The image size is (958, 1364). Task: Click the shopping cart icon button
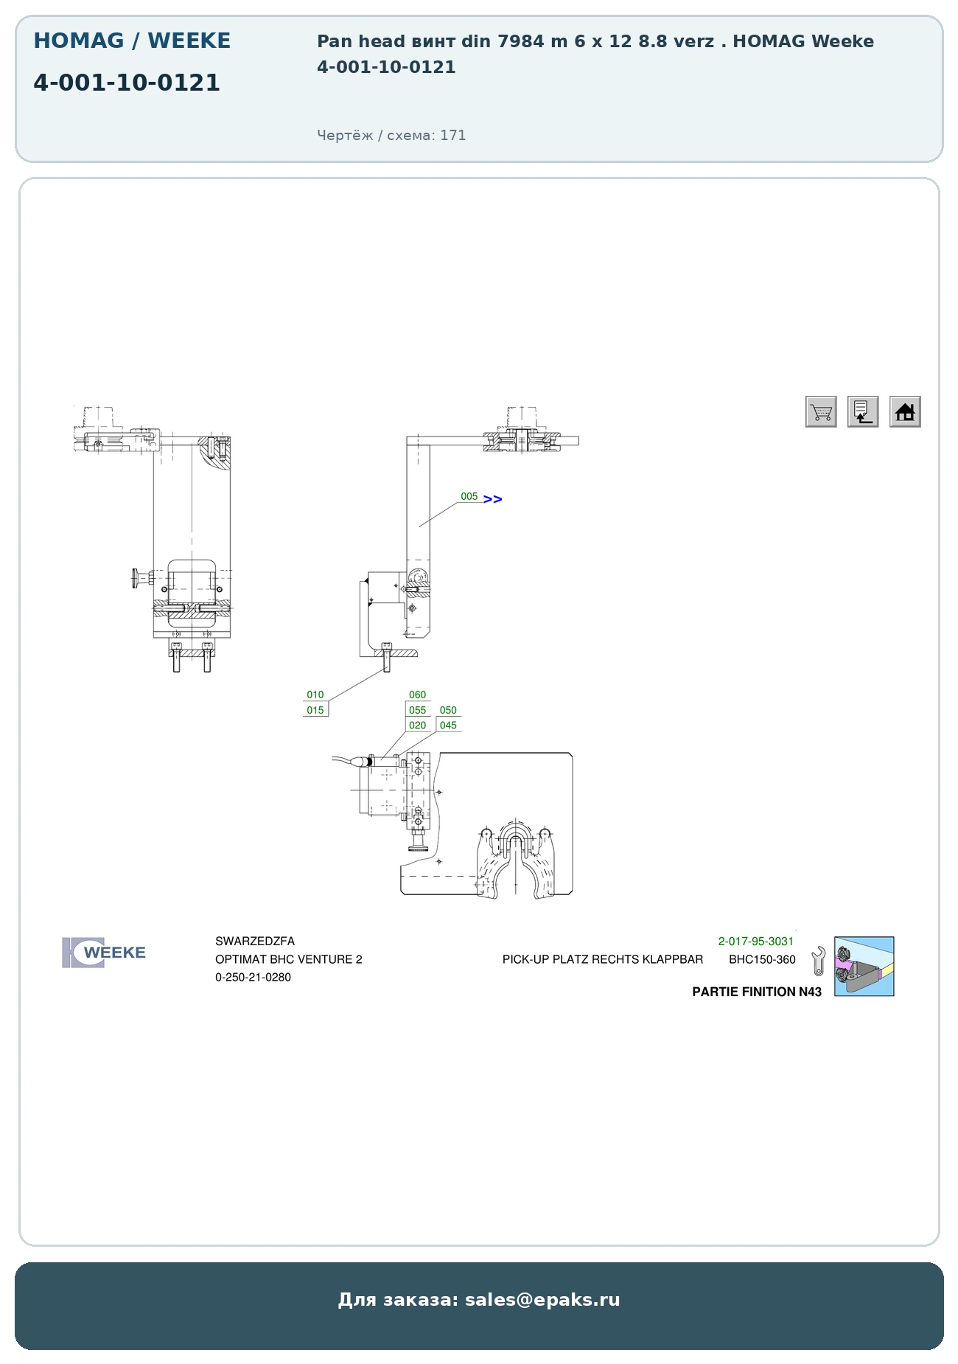point(821,411)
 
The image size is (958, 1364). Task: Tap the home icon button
point(905,411)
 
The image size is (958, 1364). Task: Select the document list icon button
point(863,411)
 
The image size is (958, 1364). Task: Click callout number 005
point(469,496)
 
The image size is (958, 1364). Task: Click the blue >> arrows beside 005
point(493,499)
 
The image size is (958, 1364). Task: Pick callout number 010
point(315,695)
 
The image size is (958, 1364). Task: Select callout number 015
point(315,710)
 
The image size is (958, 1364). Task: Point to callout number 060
point(418,695)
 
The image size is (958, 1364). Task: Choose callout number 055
point(418,710)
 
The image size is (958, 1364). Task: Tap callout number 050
point(448,710)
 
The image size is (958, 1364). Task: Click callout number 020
point(418,726)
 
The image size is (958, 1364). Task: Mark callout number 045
point(448,726)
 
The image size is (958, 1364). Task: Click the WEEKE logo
point(104,953)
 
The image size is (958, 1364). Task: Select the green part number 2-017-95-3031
point(756,942)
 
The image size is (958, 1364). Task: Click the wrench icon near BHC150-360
point(818,961)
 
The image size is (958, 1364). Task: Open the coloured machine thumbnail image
point(864,967)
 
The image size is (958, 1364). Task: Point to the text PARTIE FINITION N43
point(757,992)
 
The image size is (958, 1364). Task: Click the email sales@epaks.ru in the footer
point(542,1300)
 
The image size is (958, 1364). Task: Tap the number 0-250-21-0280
point(253,978)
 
